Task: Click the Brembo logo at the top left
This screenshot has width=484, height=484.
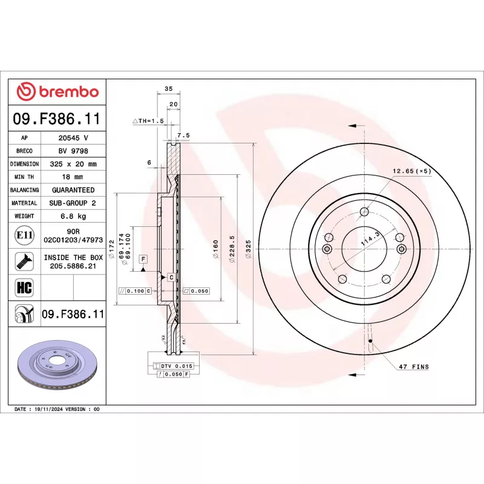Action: coord(57,92)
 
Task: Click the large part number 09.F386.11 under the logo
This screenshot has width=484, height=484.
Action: coord(57,119)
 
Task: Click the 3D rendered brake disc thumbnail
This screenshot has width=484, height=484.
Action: coord(58,367)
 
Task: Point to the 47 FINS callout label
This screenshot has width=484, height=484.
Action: coord(413,367)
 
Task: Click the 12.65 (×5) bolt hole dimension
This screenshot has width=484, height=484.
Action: coord(411,171)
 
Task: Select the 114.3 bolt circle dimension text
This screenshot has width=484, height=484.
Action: coord(368,238)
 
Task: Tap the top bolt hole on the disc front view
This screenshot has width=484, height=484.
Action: coord(364,211)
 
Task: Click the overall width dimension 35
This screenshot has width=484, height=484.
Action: coord(169,89)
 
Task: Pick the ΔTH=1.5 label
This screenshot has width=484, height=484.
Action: coord(148,121)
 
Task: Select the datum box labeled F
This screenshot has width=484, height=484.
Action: coord(143,259)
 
